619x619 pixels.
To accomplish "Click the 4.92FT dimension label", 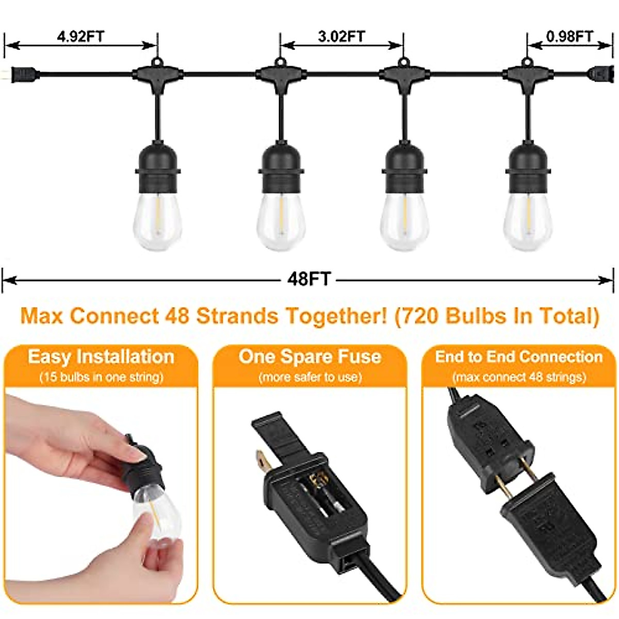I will click(x=80, y=37).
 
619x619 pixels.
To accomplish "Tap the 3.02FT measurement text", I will click(x=341, y=37).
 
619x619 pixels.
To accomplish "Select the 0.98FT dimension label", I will click(x=569, y=37).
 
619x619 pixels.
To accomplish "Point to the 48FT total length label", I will click(x=308, y=279).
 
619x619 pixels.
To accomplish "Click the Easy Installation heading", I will click(x=101, y=357).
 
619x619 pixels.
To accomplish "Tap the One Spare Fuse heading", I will click(x=309, y=357).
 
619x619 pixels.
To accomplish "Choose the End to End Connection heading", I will click(x=518, y=357).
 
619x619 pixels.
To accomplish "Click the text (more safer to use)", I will click(x=309, y=378).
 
